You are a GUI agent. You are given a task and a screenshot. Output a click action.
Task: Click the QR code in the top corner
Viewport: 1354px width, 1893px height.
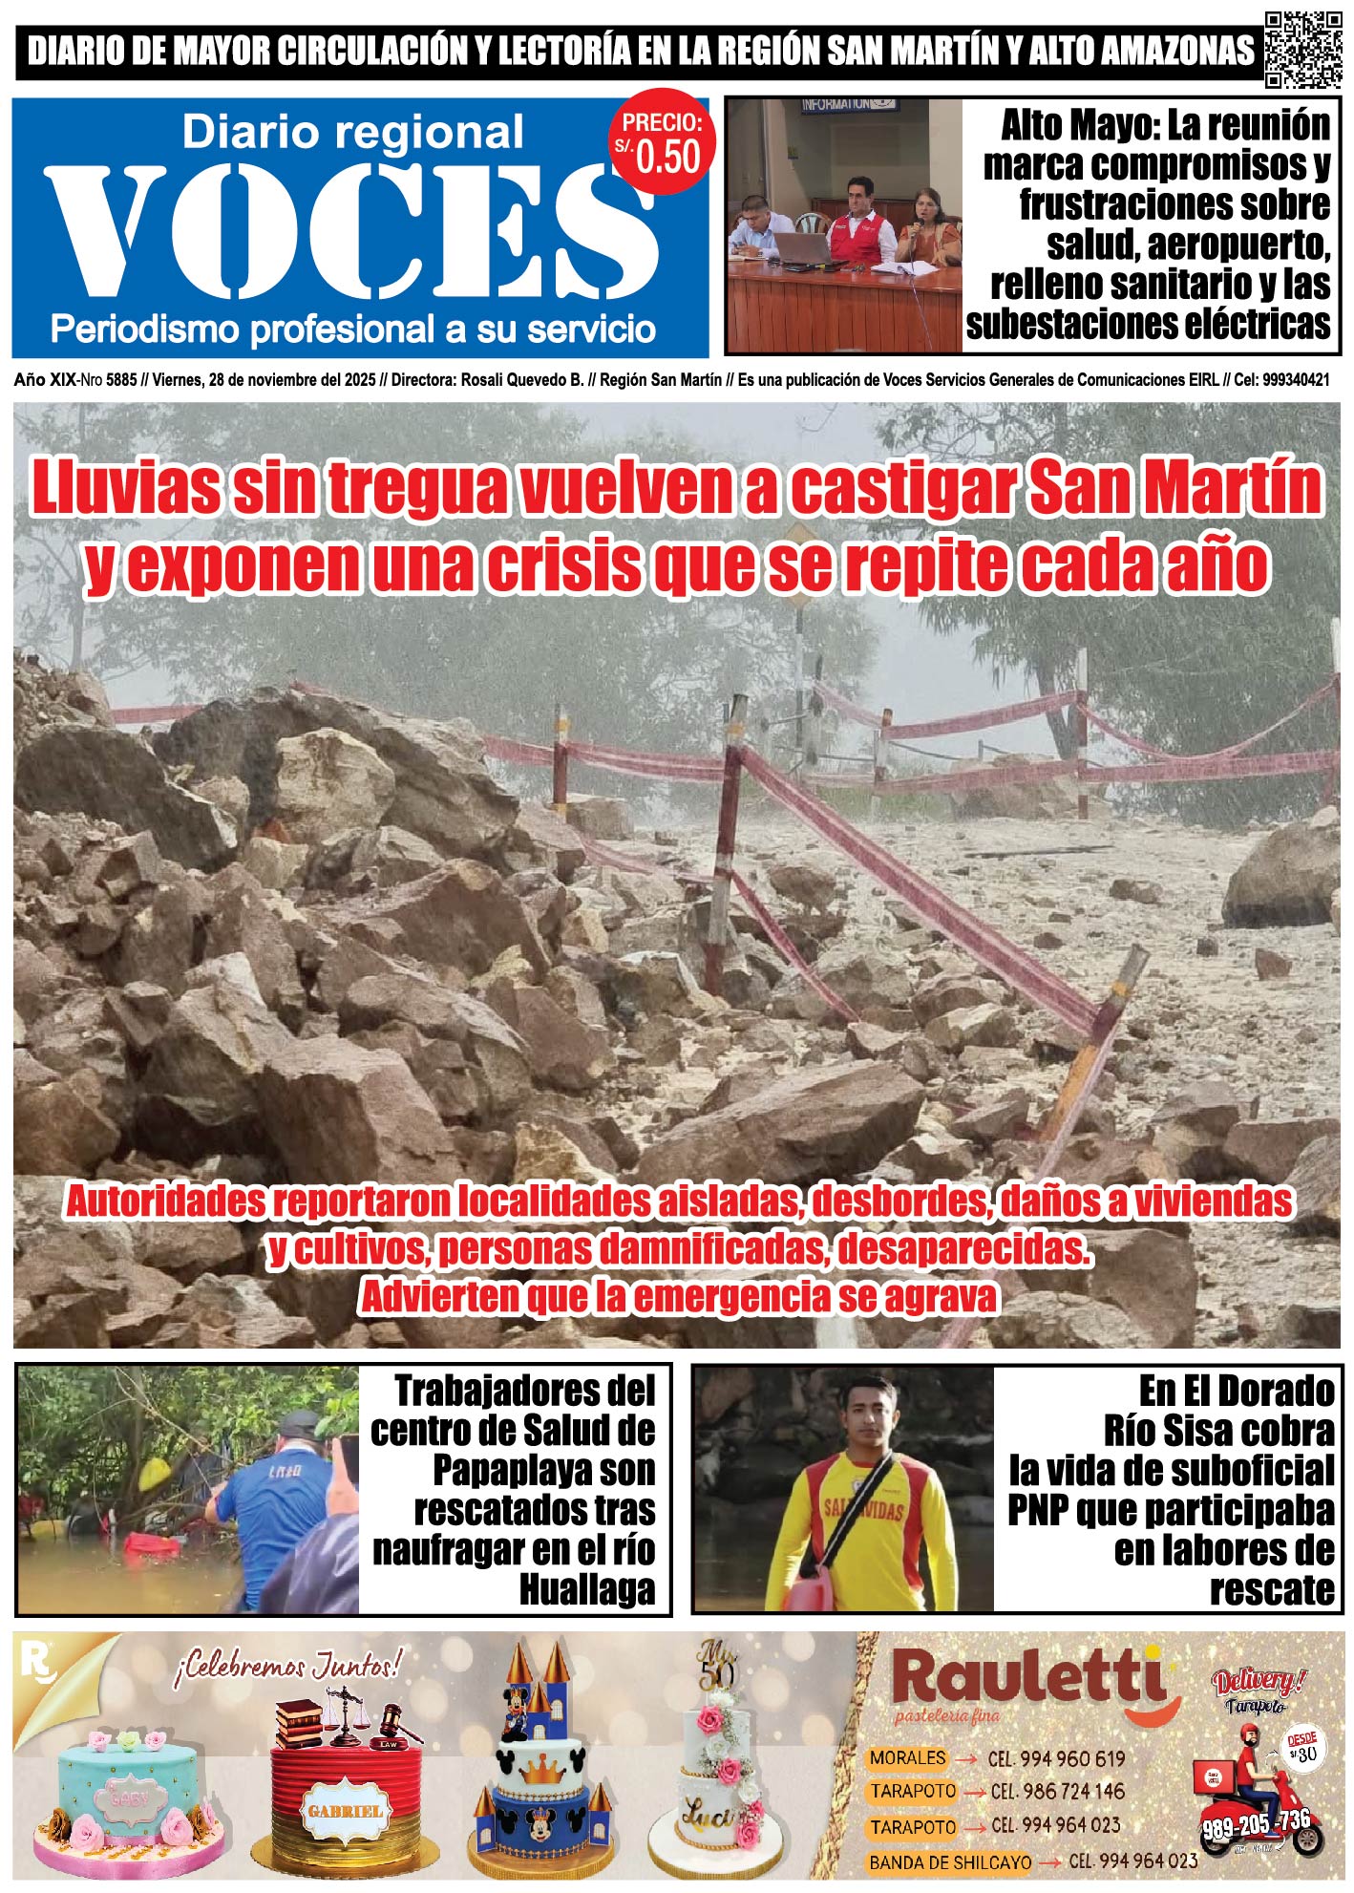point(1303,50)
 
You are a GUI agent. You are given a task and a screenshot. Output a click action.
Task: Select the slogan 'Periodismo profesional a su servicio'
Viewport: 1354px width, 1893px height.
point(352,330)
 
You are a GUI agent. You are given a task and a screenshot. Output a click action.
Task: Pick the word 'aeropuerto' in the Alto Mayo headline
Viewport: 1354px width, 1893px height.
point(1238,245)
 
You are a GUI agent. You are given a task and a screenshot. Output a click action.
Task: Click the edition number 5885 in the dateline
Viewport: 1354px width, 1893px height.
point(121,380)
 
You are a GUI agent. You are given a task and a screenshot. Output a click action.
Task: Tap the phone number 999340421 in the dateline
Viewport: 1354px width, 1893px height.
point(1295,380)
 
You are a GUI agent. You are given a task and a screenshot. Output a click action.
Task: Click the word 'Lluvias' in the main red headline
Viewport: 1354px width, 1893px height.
point(125,488)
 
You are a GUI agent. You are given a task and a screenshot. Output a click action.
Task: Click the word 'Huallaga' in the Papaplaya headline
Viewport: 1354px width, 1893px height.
point(586,1590)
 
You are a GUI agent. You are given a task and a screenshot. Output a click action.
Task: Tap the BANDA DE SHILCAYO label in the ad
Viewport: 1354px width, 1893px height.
point(949,1861)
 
